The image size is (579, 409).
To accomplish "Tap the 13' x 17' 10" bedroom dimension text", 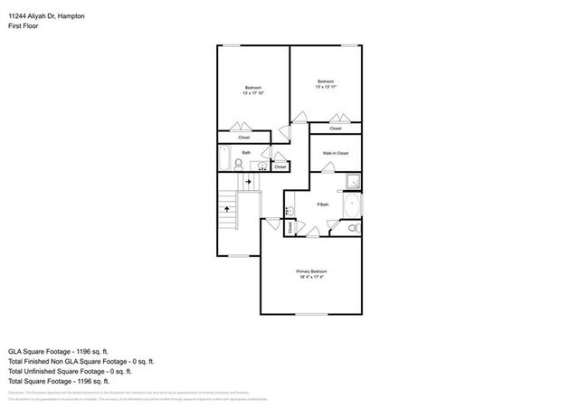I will pyautogui.click(x=252, y=93).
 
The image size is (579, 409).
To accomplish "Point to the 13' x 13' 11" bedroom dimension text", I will pyautogui.click(x=326, y=87).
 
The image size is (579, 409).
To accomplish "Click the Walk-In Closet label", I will pyautogui.click(x=336, y=153).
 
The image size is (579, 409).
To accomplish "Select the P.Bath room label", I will pyautogui.click(x=322, y=204).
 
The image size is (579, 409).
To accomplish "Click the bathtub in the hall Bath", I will pyautogui.click(x=226, y=157).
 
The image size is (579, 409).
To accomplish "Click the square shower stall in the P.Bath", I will pyautogui.click(x=351, y=181).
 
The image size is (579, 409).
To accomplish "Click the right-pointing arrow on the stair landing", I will pyautogui.click(x=247, y=183).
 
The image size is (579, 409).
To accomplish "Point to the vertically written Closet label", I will pyautogui.click(x=290, y=228).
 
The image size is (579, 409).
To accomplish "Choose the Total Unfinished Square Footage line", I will pyautogui.click(x=71, y=371).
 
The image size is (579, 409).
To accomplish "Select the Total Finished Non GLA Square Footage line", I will pyautogui.click(x=77, y=360).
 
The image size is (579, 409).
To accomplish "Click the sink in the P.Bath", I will pyautogui.click(x=289, y=209).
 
